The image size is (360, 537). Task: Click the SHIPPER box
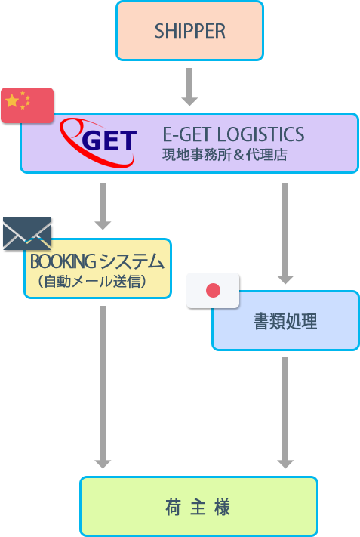[x=189, y=31]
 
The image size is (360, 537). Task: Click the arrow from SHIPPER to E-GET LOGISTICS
[x=189, y=87]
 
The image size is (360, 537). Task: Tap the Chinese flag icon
[x=27, y=105]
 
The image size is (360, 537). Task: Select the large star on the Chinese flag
[x=12, y=100]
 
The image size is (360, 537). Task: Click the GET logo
[x=98, y=143]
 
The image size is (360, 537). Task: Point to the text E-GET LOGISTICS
[x=233, y=134]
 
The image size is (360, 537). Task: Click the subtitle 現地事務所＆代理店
[x=224, y=155]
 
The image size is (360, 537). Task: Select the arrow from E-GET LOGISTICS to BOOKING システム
[x=103, y=206]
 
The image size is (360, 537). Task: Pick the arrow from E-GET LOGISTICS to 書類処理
[x=285, y=233]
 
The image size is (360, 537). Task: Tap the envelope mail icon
[x=27, y=233]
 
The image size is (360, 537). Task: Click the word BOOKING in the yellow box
[x=63, y=261]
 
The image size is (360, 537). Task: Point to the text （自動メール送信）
[x=92, y=282]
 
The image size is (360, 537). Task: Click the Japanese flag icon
[x=213, y=291]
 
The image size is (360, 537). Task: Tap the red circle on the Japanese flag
[x=213, y=291]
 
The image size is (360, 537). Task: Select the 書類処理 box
[x=286, y=320]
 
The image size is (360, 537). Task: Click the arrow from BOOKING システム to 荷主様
[x=103, y=387]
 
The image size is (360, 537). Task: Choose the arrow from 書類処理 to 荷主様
[x=285, y=412]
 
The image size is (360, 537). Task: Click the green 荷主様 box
[x=198, y=507]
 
